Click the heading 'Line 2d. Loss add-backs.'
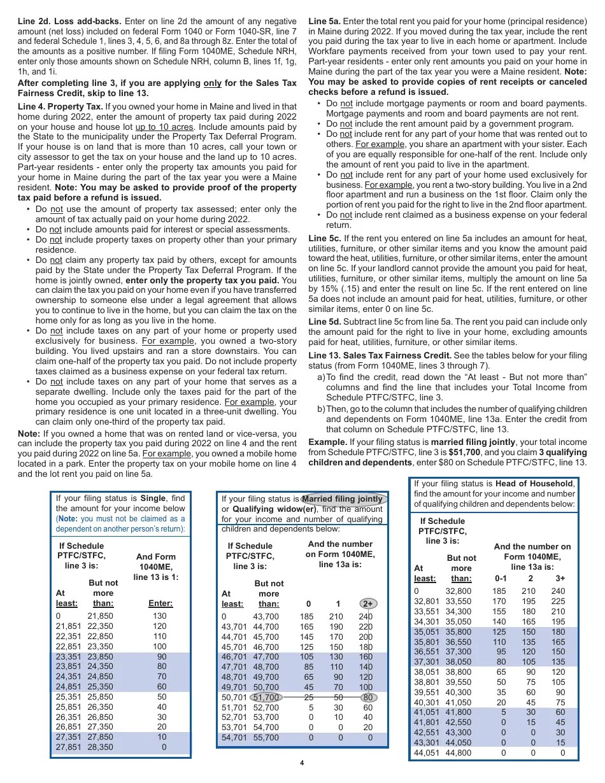pos(69,21)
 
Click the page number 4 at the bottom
pos(302,763)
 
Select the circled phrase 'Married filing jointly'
pos(343,499)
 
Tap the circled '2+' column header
pos(367,604)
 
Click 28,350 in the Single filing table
pos(100,747)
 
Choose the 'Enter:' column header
pos(160,603)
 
